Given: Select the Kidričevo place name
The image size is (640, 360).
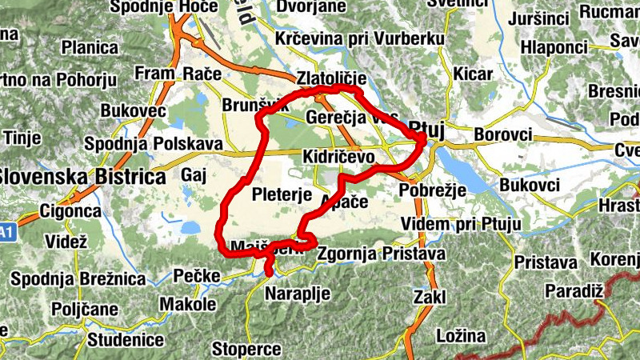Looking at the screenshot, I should click(338, 158).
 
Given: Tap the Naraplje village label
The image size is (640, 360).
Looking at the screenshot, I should click(298, 294).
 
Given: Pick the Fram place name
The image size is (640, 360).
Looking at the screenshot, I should click(154, 74).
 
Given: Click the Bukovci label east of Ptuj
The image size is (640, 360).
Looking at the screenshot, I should click(530, 186).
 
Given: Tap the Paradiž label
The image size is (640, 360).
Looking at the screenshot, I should click(573, 290).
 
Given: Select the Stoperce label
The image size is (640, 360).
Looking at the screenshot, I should click(246, 349).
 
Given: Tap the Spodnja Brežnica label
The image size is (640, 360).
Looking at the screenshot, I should click(78, 279).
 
